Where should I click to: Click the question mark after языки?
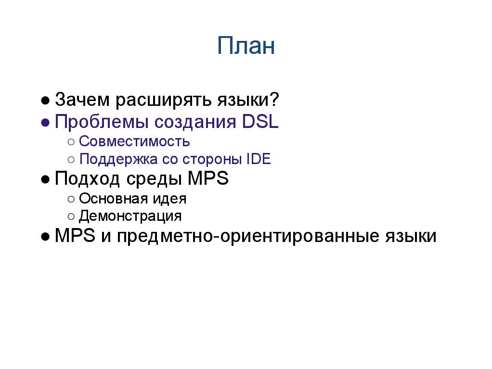click(274, 100)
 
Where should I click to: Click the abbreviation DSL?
click(260, 122)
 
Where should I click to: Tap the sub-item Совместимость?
click(134, 142)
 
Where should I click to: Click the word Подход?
click(87, 178)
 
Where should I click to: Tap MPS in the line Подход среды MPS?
click(208, 178)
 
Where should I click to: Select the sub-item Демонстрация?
click(130, 216)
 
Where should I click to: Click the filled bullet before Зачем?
click(45, 101)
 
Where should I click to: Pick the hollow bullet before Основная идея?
click(71, 199)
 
